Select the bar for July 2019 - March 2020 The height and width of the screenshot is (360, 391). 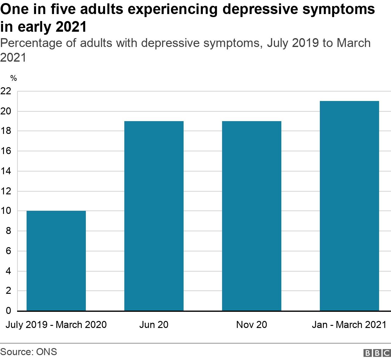[56, 261]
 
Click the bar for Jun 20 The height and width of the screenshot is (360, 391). [154, 216]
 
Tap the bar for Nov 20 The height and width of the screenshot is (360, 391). [251, 216]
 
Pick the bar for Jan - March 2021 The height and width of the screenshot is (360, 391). [349, 206]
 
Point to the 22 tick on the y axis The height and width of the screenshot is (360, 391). [6, 91]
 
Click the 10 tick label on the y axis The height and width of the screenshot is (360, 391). [6, 211]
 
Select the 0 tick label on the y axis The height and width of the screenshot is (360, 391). [8, 311]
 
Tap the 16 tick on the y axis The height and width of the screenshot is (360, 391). [6, 151]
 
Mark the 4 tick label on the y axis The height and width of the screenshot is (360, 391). [8, 271]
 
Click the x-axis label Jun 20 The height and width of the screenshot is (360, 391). [154, 325]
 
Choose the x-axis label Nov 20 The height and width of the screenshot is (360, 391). [251, 325]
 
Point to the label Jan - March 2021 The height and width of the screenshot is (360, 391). [349, 325]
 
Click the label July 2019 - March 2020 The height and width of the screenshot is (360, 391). [56, 325]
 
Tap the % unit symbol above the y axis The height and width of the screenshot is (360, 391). [13, 78]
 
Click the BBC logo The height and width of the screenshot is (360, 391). [377, 353]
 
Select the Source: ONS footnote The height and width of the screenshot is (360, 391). [29, 352]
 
